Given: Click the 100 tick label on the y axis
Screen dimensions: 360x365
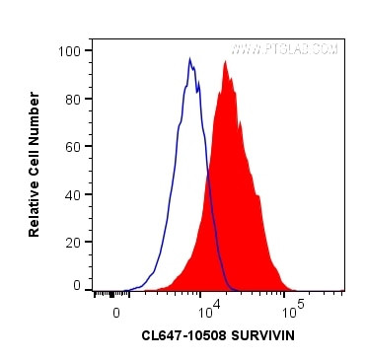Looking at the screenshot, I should point(71,50).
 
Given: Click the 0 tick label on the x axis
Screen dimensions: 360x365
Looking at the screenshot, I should point(116,311).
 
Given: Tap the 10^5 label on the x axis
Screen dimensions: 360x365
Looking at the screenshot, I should point(294,311).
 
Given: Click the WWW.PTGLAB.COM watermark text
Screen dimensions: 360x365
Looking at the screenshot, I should point(285,49).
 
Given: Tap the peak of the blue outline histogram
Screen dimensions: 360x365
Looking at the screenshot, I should point(189,59).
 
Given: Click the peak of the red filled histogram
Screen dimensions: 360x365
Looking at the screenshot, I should point(226,62).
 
